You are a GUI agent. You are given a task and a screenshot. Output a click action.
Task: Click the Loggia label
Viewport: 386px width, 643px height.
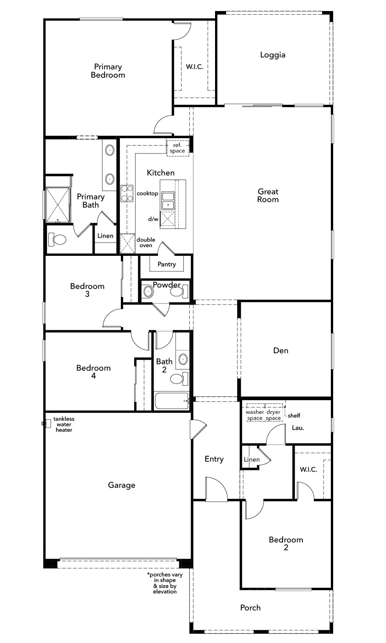click(272, 55)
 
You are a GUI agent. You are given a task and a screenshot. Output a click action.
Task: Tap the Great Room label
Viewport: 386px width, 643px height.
click(268, 196)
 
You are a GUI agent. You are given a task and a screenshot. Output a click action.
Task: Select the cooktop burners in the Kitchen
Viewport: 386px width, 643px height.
click(127, 193)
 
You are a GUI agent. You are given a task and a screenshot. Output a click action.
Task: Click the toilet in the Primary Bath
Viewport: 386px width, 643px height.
click(57, 239)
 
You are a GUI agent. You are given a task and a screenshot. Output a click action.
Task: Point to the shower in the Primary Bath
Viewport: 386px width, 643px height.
click(58, 205)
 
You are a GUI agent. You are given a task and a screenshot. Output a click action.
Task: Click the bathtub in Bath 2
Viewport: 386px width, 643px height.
click(172, 400)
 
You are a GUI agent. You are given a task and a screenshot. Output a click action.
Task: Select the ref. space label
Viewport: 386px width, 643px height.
click(177, 148)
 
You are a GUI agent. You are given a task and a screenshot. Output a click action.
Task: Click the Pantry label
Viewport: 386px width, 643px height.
click(166, 265)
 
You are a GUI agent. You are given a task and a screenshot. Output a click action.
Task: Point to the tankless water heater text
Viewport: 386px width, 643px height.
click(64, 424)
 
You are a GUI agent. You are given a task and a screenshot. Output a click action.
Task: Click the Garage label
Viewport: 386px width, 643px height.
click(121, 485)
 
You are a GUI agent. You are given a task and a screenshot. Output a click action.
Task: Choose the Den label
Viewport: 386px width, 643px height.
click(281, 350)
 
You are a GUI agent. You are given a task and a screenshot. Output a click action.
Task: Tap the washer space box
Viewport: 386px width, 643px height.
click(255, 412)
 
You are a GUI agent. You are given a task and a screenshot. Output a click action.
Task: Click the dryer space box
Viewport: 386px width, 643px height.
click(274, 412)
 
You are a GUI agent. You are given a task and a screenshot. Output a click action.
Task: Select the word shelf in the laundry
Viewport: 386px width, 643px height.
click(294, 415)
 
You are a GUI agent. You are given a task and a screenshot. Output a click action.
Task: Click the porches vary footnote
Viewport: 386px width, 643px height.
click(165, 583)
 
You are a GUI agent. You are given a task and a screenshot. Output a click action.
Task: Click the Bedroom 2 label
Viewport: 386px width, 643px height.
click(286, 543)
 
